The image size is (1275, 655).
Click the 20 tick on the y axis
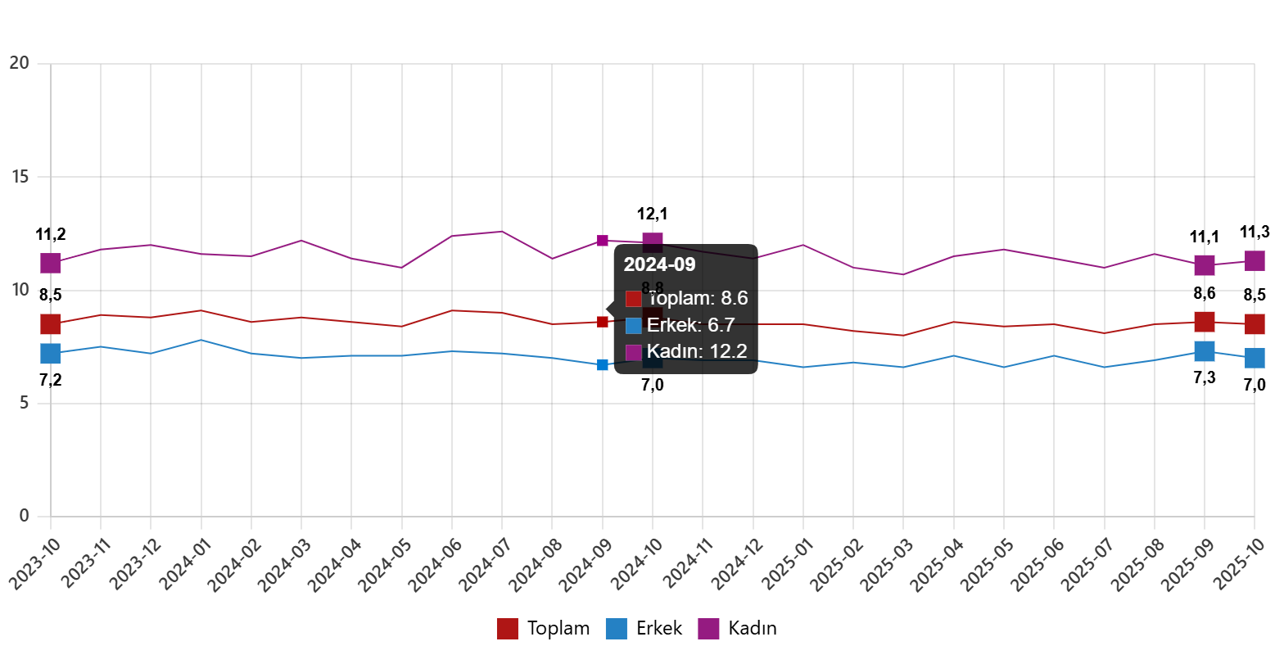(x=20, y=63)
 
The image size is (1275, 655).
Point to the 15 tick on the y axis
(x=20, y=177)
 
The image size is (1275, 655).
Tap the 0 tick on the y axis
(x=24, y=516)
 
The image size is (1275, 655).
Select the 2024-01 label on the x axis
(x=183, y=565)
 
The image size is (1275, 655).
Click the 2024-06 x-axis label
(x=434, y=565)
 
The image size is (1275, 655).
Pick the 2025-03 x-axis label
(x=886, y=565)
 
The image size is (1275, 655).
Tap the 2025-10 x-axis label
(x=1238, y=565)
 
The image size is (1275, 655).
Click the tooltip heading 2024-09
(x=659, y=264)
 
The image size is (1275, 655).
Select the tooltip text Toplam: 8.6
(x=697, y=298)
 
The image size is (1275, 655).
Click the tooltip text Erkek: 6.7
(x=690, y=325)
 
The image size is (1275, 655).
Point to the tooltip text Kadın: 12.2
(x=697, y=351)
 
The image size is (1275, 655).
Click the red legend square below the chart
(x=507, y=629)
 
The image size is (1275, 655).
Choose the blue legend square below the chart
(x=616, y=629)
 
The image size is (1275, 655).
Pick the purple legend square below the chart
(x=708, y=629)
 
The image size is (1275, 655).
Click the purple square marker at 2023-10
(x=51, y=263)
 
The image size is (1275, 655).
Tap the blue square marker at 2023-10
(x=51, y=354)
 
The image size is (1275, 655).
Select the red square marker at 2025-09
(x=1204, y=322)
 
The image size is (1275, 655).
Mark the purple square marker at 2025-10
(x=1255, y=260)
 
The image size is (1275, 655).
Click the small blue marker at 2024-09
(x=603, y=364)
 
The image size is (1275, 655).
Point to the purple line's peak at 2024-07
(x=502, y=232)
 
